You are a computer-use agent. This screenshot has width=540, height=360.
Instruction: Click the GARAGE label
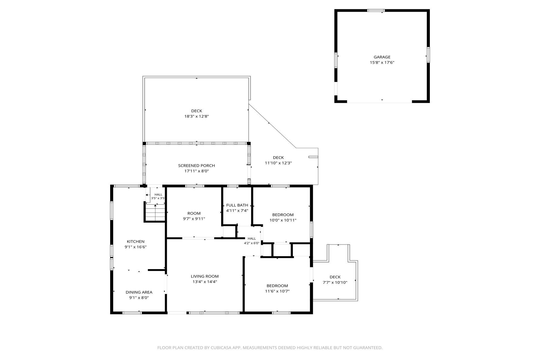pyautogui.click(x=382, y=57)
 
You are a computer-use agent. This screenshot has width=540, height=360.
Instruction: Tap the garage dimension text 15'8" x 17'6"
pyautogui.click(x=382, y=63)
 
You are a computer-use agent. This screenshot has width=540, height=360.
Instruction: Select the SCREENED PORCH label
pyautogui.click(x=196, y=166)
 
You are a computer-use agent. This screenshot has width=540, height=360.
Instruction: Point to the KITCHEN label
pyautogui.click(x=136, y=241)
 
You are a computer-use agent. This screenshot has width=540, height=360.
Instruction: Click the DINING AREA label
pyautogui.click(x=139, y=292)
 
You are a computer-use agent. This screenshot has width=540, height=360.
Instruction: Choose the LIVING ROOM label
pyautogui.click(x=205, y=276)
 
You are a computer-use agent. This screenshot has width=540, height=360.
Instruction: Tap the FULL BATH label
pyautogui.click(x=237, y=205)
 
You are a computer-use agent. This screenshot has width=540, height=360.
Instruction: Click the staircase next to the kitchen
pyautogui.click(x=155, y=212)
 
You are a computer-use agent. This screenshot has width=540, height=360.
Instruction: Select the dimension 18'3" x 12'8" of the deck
pyautogui.click(x=196, y=116)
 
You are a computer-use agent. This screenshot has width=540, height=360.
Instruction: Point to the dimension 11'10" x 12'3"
pyautogui.click(x=278, y=163)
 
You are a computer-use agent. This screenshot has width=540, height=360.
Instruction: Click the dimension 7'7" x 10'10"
pyautogui.click(x=335, y=282)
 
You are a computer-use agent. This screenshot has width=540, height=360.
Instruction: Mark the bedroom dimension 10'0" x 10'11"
pyautogui.click(x=283, y=220)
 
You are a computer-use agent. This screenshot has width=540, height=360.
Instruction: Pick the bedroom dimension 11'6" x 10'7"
pyautogui.click(x=277, y=291)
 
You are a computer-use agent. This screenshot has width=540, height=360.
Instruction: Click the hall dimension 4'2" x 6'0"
pyautogui.click(x=252, y=243)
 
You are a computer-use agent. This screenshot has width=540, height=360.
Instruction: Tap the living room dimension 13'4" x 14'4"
pyautogui.click(x=205, y=282)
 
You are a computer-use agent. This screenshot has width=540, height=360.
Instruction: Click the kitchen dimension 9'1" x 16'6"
pyautogui.click(x=136, y=247)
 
